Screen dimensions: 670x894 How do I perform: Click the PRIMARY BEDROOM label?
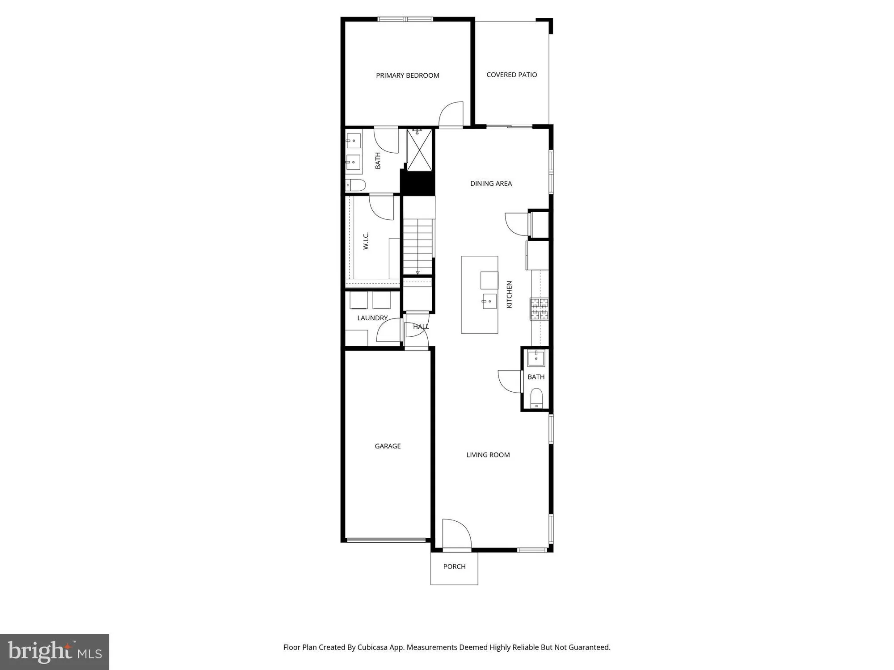tap(407, 75)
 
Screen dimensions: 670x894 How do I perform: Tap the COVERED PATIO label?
tap(511, 75)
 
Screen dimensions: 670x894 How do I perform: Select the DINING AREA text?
tap(491, 183)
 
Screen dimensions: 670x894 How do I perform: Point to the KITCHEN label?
tap(509, 294)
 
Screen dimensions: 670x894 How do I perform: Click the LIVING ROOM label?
tap(488, 455)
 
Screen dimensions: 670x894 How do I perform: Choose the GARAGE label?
tap(388, 446)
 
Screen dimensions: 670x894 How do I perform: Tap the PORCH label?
tap(454, 566)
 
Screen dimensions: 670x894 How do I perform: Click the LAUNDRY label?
tap(372, 318)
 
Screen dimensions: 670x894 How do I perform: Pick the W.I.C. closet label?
tap(366, 241)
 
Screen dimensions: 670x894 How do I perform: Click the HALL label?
tap(421, 327)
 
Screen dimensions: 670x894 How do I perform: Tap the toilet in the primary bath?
tap(356, 184)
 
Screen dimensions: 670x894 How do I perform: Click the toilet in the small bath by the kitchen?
tap(536, 398)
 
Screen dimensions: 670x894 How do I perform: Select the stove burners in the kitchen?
tap(539, 309)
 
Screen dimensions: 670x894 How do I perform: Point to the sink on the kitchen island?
tap(489, 301)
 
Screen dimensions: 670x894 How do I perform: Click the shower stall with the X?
tap(420, 151)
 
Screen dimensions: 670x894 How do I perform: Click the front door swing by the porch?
tap(456, 533)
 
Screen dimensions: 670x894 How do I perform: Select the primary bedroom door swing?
tap(451, 115)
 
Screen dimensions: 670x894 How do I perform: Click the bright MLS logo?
tap(55, 652)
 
